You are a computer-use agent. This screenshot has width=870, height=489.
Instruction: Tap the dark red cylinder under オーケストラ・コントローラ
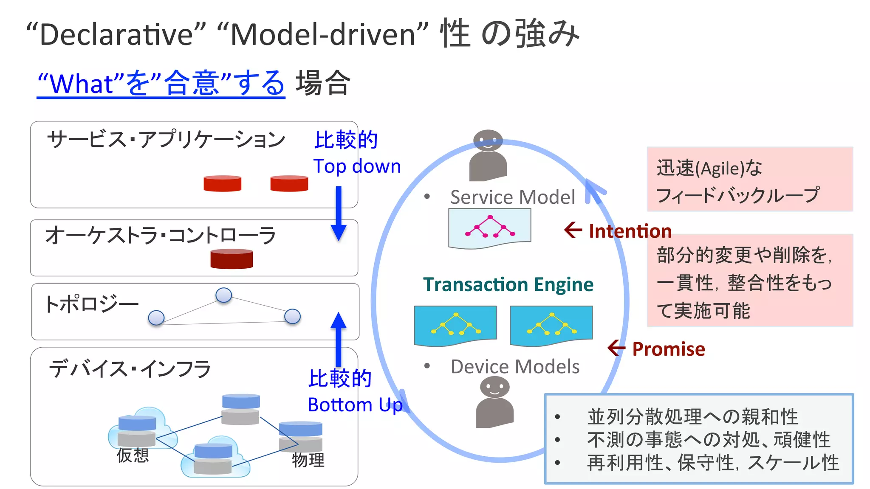coord(232,259)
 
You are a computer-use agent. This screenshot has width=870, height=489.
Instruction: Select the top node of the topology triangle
coord(223,295)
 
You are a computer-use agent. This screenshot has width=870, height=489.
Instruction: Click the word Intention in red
coord(630,231)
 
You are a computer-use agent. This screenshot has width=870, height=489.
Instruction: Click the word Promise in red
coord(668,349)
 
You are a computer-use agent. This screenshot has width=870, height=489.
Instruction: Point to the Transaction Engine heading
coord(508,284)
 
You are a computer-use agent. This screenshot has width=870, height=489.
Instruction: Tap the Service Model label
coord(512,197)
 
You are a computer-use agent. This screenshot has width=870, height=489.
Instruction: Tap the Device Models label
coord(515,367)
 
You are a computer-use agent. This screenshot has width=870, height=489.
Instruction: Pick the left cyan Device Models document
coord(455,325)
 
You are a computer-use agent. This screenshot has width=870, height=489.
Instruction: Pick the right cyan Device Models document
coord(551,325)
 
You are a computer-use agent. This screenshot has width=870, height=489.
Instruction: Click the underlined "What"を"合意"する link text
coord(161,83)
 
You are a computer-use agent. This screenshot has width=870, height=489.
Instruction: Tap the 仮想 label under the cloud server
coord(133,455)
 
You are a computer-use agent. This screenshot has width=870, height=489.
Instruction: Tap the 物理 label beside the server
coord(308,460)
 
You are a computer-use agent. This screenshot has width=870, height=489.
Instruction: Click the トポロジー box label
coord(91,304)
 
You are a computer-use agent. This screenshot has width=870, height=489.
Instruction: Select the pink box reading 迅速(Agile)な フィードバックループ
coord(750,180)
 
